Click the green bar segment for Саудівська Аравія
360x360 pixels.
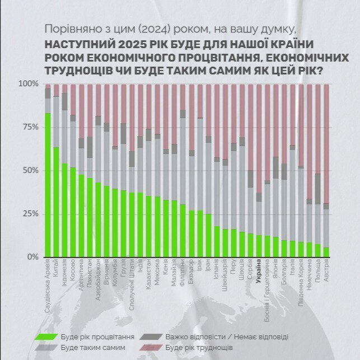pyautogui.click(x=48, y=185)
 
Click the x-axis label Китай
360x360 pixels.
pyautogui.click(x=57, y=265)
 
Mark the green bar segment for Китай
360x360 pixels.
pyautogui.click(x=57, y=202)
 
